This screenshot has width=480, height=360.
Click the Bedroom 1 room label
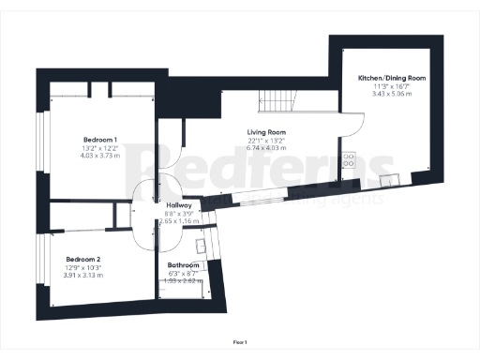[x=97, y=138]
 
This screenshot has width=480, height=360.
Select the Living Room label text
[x=265, y=132]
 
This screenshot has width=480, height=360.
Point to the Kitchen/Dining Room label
[x=392, y=78]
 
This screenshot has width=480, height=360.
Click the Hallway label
[x=178, y=205]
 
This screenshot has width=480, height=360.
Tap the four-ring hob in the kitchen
[x=349, y=160]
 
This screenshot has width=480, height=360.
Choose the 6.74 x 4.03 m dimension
[x=265, y=148]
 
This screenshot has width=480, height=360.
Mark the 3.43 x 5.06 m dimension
[x=392, y=94]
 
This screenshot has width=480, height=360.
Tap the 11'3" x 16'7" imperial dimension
[x=392, y=86]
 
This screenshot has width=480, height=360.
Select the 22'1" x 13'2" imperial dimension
[x=265, y=141]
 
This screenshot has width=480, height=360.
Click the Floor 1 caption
[x=240, y=342]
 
